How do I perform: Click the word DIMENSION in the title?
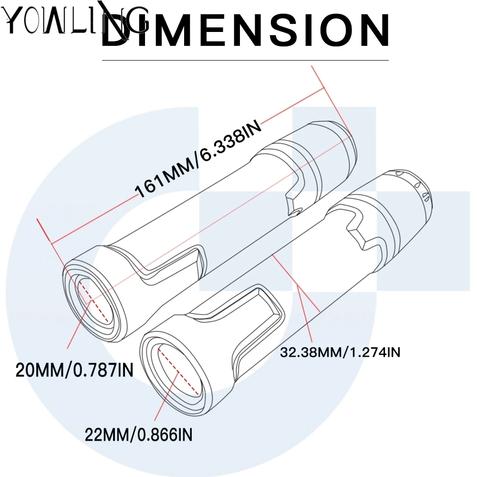pyautogui.click(x=246, y=30)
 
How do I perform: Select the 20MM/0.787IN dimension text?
pyautogui.click(x=74, y=370)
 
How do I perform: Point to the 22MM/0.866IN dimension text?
pyautogui.click(x=139, y=435)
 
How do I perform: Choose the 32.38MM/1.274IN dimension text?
pyautogui.click(x=340, y=353)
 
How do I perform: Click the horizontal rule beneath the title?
pyautogui.click(x=246, y=61)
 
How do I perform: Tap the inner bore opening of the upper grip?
pyautogui.click(x=93, y=300)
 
